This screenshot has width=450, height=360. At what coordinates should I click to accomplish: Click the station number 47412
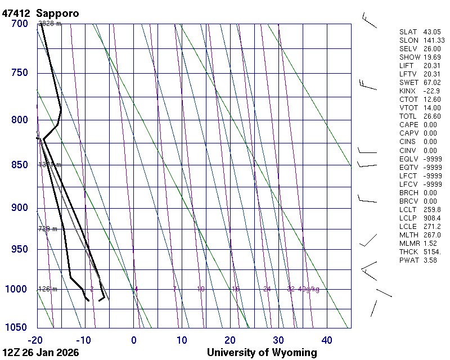(x=16, y=13)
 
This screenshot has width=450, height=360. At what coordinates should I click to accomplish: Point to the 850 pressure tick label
(x=20, y=165)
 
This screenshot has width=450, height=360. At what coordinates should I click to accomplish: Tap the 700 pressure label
(x=20, y=24)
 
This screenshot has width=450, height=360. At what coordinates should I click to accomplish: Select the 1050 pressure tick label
(x=17, y=327)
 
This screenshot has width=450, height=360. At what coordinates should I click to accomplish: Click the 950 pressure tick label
(x=20, y=249)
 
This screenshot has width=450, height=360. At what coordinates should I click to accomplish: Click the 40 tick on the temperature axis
(x=326, y=340)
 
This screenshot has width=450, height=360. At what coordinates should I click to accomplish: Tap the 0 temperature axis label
(x=133, y=340)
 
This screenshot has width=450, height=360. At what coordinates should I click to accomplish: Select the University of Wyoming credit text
(x=262, y=353)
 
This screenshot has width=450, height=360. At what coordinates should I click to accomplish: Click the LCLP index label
(x=408, y=218)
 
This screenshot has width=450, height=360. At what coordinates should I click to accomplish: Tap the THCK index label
(x=408, y=251)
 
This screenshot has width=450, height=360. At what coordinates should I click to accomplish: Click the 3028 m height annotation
(x=49, y=24)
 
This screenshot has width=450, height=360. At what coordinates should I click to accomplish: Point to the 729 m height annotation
(x=48, y=229)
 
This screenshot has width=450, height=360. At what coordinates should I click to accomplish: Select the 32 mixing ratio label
(x=290, y=289)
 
